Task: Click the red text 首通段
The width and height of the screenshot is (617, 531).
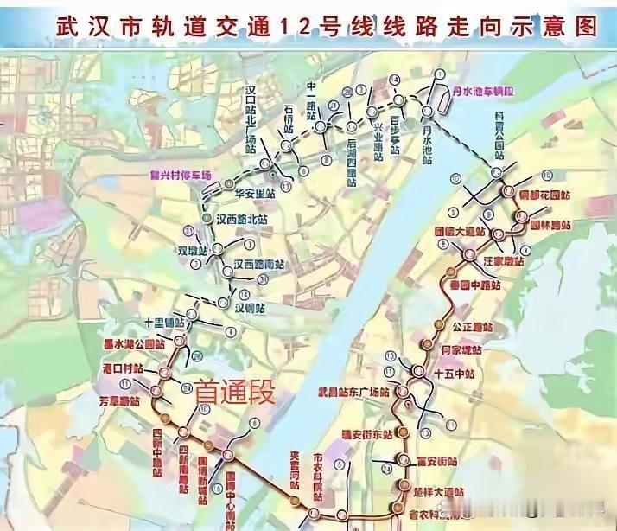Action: [234, 393]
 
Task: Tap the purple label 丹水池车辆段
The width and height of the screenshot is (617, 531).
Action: [484, 90]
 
